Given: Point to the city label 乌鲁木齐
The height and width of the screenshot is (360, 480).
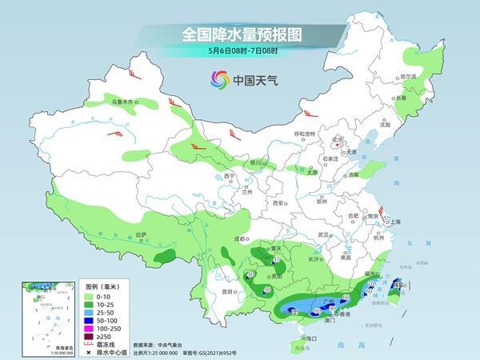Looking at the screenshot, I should pos(125,102).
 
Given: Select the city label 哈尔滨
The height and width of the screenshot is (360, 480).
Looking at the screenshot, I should pos(408,77).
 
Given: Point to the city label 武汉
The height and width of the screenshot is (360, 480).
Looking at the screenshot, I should pos(324,234).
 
